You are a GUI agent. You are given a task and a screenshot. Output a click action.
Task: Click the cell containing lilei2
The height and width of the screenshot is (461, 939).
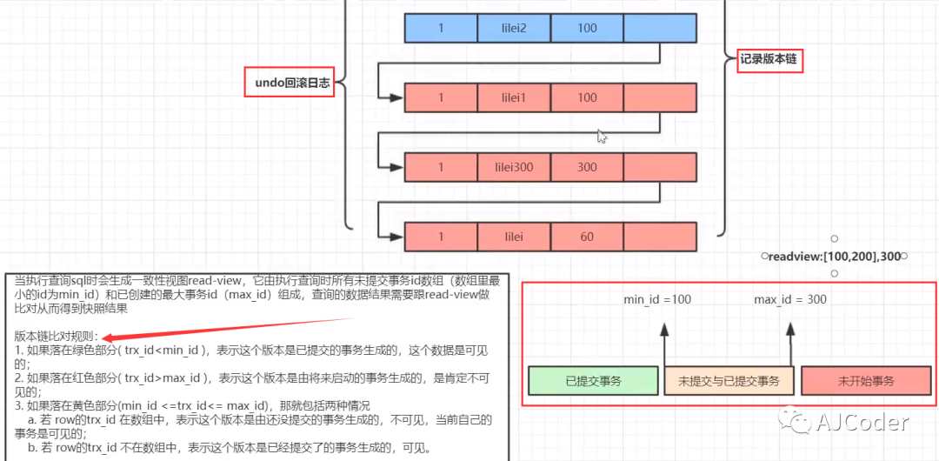click(x=513, y=28)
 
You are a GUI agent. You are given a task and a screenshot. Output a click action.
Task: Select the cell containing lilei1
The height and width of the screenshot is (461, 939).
click(x=513, y=97)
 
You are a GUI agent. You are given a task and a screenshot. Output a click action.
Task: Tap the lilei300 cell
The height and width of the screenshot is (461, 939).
click(x=513, y=167)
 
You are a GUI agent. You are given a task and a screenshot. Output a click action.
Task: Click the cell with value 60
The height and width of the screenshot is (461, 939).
click(x=587, y=237)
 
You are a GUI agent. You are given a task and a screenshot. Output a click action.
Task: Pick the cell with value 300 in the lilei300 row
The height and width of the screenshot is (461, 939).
click(x=587, y=167)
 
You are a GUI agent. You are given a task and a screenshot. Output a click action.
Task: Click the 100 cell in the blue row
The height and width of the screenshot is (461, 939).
click(x=587, y=28)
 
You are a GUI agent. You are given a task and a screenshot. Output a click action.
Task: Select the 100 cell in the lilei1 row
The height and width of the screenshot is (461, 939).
click(x=587, y=97)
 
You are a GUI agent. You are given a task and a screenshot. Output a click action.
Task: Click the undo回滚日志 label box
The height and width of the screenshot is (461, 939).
click(x=289, y=84)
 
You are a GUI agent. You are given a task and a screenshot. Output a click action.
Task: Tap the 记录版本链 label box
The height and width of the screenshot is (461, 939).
click(x=769, y=60)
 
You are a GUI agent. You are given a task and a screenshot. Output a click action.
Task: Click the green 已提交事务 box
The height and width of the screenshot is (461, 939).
click(x=593, y=381)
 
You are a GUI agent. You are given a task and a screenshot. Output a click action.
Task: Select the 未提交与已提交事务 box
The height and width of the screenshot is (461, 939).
click(x=729, y=381)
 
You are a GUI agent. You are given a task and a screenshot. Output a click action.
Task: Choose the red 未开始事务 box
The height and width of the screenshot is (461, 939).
click(x=865, y=381)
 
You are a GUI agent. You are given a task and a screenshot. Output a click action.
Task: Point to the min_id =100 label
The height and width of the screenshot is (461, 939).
click(x=657, y=300)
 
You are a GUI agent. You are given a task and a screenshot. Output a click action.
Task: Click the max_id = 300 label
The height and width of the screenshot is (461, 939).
click(x=790, y=300)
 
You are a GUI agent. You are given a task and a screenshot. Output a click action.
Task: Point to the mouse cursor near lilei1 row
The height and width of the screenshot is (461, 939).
click(x=602, y=136)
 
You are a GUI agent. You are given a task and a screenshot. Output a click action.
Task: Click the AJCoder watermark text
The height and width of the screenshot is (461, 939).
click(x=862, y=423)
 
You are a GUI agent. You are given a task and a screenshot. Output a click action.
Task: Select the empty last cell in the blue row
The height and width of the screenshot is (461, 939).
click(x=660, y=28)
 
